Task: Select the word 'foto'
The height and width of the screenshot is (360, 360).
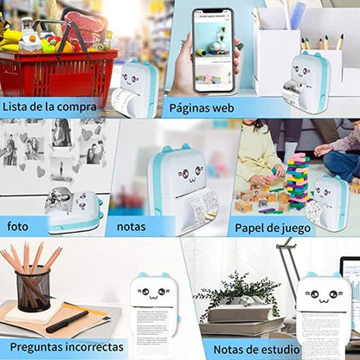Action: pyautogui.click(x=18, y=227)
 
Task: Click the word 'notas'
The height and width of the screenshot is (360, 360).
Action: pyautogui.click(x=131, y=227)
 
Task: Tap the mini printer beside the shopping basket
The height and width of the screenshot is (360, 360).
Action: pyautogui.click(x=135, y=87)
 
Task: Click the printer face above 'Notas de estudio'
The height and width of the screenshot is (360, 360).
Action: pyautogui.click(x=322, y=293)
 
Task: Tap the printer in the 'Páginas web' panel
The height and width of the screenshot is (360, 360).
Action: pyautogui.click(x=310, y=83)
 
